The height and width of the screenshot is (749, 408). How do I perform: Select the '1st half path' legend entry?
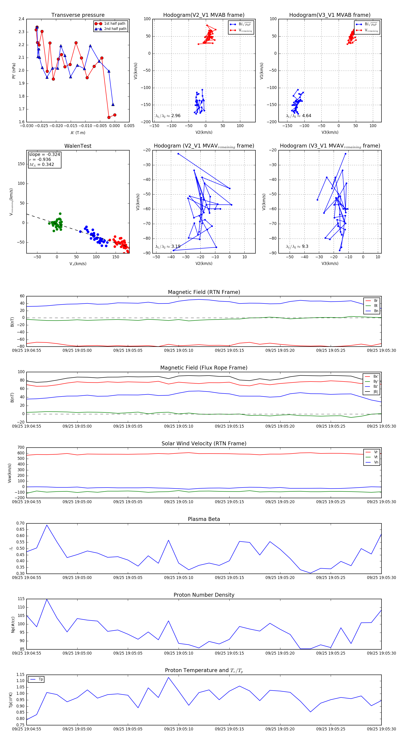pos(115,24)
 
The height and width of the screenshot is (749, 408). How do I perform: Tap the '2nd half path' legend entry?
pos(115,29)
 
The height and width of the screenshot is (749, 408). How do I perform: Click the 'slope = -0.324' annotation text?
pos(44,154)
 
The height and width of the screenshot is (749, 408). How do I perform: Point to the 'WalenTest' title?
pos(78,146)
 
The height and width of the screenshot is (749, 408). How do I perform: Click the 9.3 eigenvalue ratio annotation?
pos(305,246)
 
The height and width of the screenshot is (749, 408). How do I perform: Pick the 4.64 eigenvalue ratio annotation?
pos(306,116)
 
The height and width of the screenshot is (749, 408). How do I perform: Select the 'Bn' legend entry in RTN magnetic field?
pos(376,311)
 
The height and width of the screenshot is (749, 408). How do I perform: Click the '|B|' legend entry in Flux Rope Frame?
pos(376,392)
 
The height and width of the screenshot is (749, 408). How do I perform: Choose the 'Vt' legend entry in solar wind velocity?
pos(376,457)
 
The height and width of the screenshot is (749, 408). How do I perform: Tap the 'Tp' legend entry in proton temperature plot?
pos(41,679)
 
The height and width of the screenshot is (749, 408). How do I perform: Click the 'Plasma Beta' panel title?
pos(204,519)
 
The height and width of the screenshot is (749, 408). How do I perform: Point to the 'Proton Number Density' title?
pos(204,595)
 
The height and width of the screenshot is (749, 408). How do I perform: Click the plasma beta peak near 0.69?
pos(47,525)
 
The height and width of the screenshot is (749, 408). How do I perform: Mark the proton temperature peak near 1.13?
pos(168,677)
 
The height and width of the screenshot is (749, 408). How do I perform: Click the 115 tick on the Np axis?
pos(21,599)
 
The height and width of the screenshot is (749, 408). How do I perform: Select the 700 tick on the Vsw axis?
pos(21,448)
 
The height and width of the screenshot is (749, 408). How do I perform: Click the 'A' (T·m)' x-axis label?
pos(78,133)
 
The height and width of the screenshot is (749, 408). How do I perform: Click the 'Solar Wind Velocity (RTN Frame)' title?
pos(204,443)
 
